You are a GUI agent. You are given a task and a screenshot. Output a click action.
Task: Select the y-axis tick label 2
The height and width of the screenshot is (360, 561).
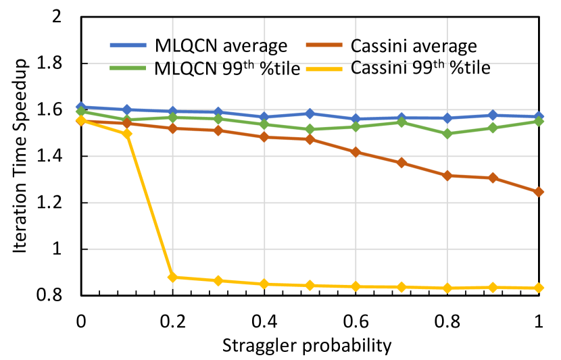pos(65,17)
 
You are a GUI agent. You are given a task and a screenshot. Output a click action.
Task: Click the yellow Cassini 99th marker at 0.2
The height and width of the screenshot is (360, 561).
pos(172,277)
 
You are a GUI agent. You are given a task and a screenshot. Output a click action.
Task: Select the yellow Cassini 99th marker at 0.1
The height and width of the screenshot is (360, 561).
pos(126,134)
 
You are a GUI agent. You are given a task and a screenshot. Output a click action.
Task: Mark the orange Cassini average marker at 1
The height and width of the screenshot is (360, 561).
pos(539,192)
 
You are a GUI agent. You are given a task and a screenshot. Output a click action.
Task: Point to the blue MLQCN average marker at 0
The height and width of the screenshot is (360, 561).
pos(81,107)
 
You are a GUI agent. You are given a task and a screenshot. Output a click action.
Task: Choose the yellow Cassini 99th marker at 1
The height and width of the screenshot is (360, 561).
pos(539,288)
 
